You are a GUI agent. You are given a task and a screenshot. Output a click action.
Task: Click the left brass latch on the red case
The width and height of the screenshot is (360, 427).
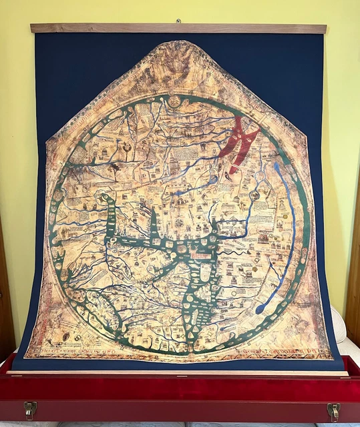tap(31, 408)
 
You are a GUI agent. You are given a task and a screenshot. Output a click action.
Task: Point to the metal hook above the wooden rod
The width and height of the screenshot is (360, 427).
tap(178, 21)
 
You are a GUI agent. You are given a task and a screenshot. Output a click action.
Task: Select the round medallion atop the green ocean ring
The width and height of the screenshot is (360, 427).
tap(174, 101)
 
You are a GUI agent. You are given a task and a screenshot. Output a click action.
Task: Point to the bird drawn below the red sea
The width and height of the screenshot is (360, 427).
tap(229, 176)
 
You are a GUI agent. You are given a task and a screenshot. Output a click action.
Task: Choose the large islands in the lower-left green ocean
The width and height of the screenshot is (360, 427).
tap(94, 319)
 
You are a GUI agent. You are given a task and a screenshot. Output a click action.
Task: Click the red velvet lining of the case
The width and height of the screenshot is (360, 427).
tap(180, 387)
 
